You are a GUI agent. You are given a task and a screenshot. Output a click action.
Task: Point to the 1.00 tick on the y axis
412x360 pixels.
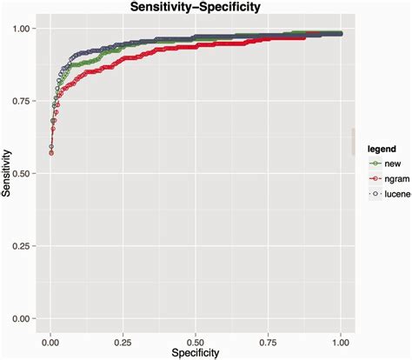point(25,29)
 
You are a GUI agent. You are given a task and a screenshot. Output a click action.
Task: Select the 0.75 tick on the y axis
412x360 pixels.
point(25,101)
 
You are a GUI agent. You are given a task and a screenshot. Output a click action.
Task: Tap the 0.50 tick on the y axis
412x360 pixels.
point(25,174)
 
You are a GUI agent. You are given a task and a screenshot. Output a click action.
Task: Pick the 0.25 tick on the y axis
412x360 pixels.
point(25,246)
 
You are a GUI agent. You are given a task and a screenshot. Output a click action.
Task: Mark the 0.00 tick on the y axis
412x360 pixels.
point(25,318)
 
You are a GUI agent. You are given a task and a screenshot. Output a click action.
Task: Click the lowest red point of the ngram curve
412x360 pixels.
point(51,153)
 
